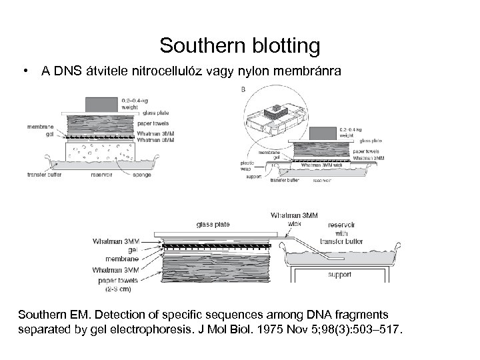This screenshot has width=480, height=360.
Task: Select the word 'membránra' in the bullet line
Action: tap(307, 71)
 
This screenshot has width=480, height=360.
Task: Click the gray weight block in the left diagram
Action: tap(101, 103)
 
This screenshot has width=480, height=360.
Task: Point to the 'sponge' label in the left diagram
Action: tap(141, 175)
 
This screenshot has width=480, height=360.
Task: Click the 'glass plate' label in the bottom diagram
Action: tap(211, 225)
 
